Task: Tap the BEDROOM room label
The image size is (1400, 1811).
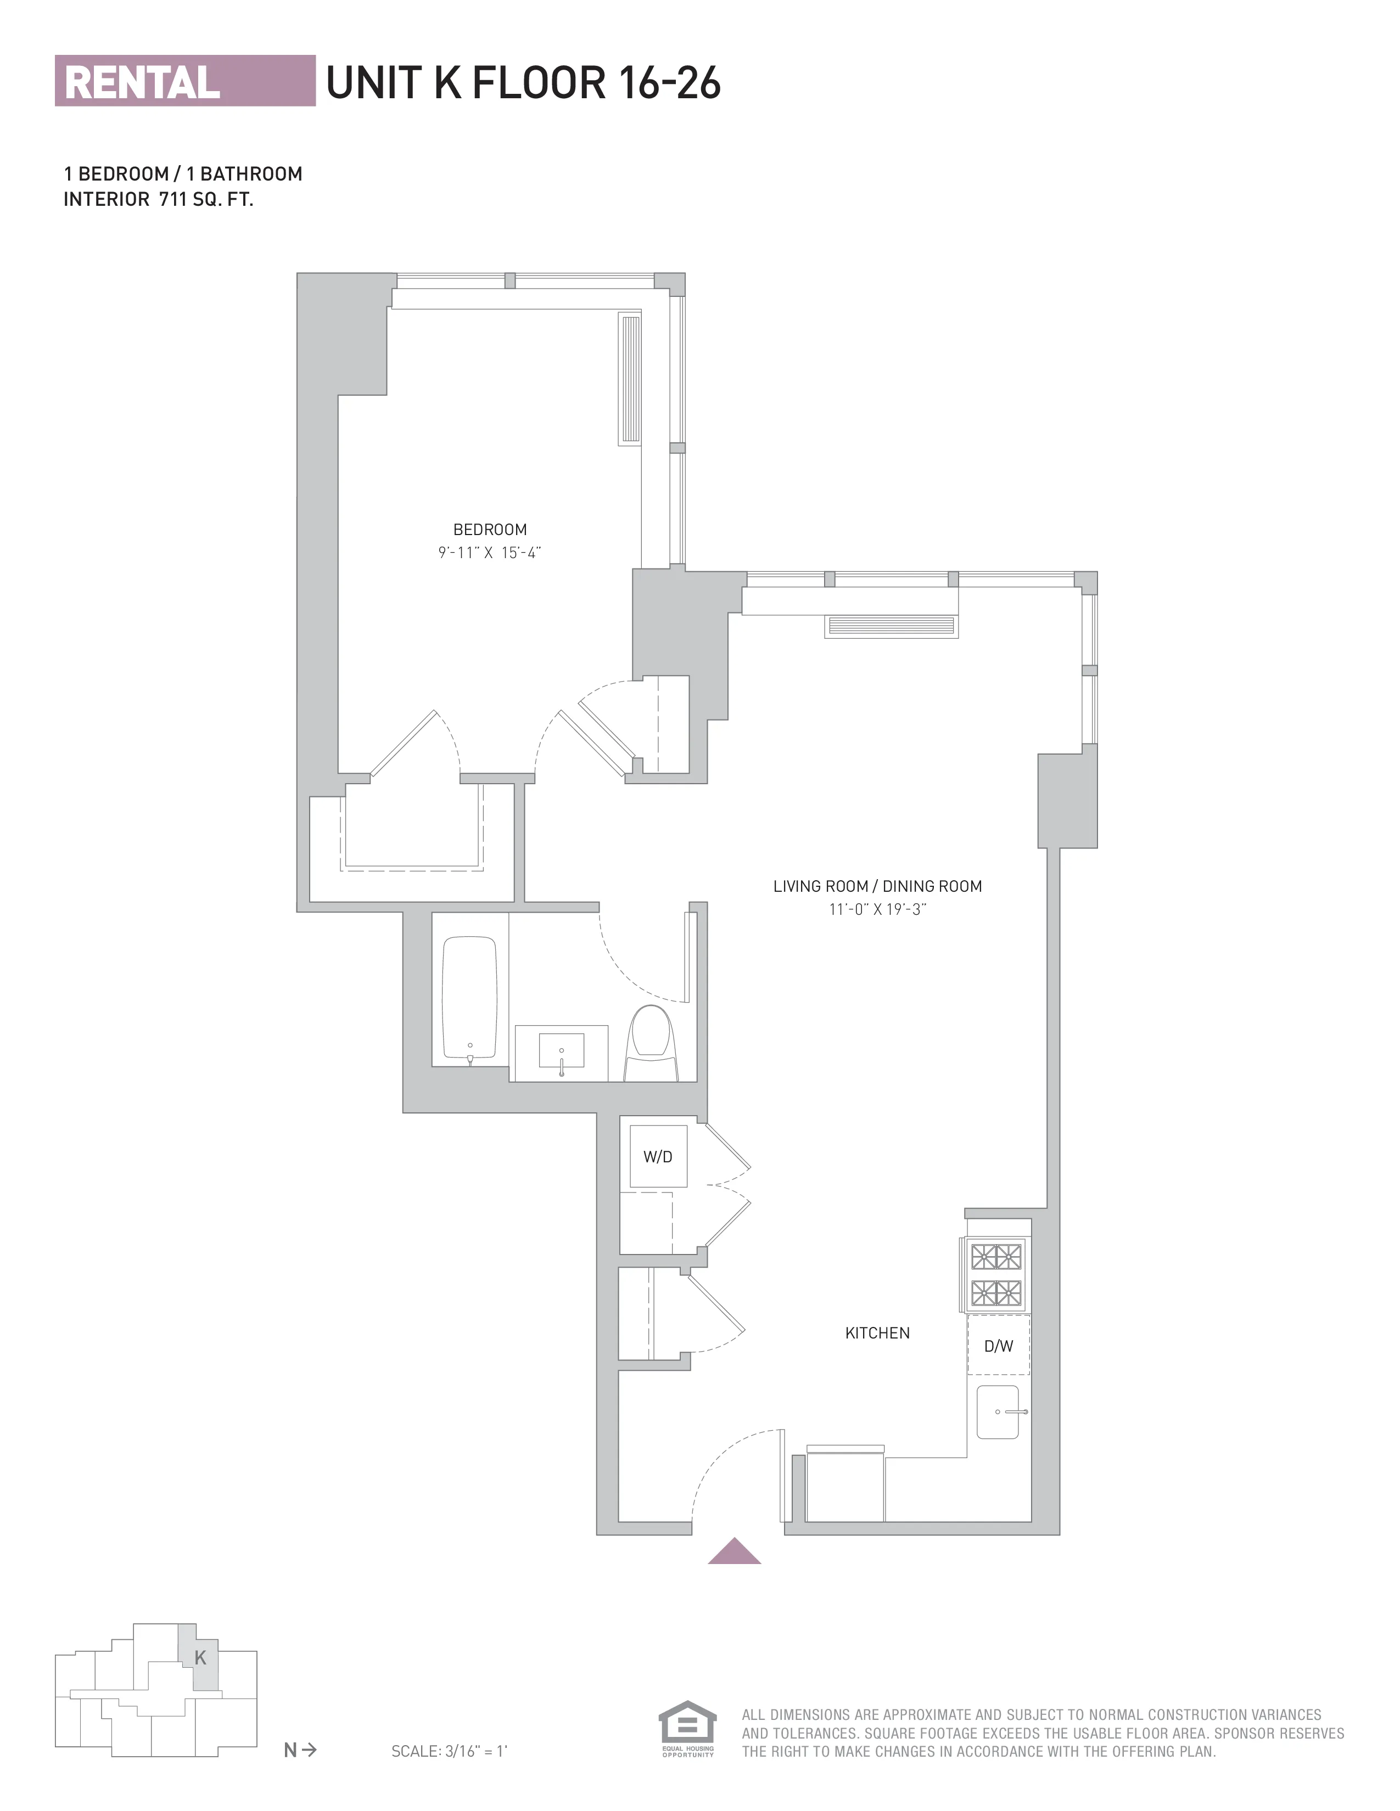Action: pos(489,529)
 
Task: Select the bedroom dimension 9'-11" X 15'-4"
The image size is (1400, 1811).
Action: pos(489,552)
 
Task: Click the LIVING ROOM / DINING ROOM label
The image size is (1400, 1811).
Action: pos(877,886)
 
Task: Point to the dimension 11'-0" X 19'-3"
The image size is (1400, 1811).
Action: pos(877,909)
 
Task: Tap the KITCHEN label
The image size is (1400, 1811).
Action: pos(877,1332)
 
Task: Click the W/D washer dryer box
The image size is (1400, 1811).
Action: pos(658,1156)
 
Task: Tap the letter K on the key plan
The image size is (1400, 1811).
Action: pos(200,1657)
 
